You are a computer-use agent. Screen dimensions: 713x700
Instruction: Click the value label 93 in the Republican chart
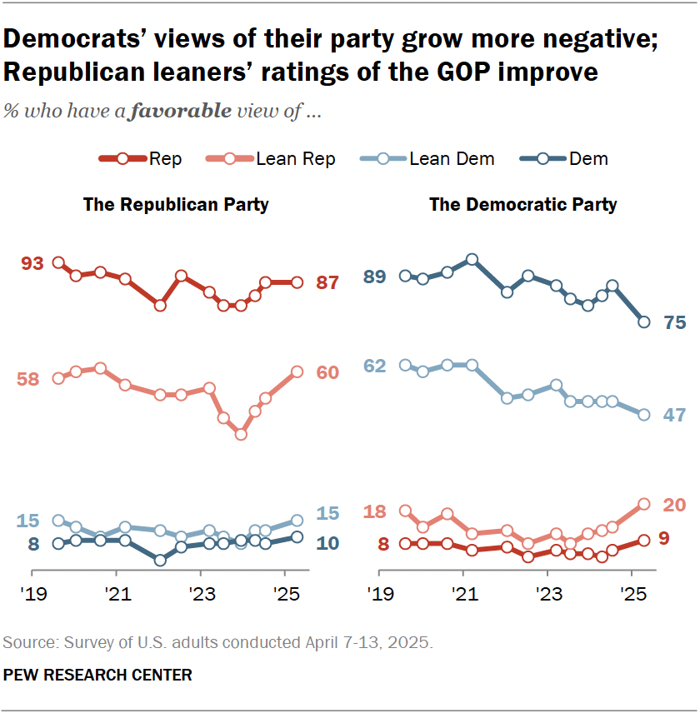tap(32, 264)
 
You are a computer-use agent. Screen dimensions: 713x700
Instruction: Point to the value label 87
tap(327, 283)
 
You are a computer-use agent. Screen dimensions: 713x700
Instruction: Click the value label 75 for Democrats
tap(674, 323)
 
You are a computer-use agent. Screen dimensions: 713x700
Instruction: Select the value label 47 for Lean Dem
tap(674, 415)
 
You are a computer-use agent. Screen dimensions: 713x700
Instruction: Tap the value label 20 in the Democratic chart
tap(674, 504)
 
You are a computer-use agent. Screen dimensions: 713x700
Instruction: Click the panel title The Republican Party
tap(176, 205)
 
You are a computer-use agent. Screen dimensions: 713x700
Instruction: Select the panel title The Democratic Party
tap(523, 205)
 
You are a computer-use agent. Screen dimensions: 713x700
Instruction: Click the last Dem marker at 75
tap(644, 322)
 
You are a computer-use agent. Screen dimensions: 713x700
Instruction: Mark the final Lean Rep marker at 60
tap(297, 372)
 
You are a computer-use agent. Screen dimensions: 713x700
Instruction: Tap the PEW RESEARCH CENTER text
tap(97, 676)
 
